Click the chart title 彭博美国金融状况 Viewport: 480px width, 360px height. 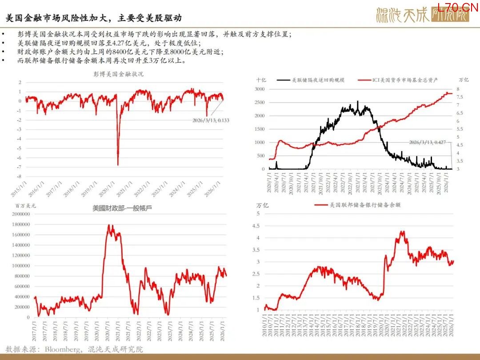pos(118,74)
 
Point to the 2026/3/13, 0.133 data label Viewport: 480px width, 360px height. pos(213,120)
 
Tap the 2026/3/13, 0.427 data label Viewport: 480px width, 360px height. pos(429,142)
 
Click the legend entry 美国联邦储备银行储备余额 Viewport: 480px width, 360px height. pos(365,205)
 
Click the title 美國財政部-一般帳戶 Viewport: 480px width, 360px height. pos(122,208)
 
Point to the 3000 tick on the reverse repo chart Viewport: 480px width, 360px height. pos(259,89)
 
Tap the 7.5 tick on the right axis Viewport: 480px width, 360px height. pos(460,97)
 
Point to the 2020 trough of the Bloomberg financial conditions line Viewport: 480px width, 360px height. pos(118,164)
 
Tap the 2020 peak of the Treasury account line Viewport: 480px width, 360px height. pos(110,226)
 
